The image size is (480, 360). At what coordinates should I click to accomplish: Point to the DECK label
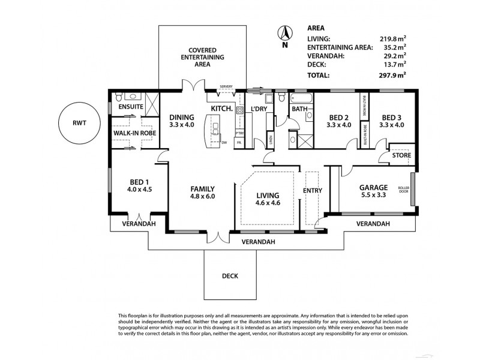230,277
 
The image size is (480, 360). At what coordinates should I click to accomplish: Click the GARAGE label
373,187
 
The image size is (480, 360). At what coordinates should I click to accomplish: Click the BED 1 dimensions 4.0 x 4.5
140,190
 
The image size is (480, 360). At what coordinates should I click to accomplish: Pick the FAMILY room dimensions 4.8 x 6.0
203,196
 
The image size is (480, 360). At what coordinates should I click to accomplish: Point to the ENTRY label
313,191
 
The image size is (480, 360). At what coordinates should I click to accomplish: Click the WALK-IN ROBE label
135,133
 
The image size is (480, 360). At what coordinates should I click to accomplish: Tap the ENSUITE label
130,107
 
